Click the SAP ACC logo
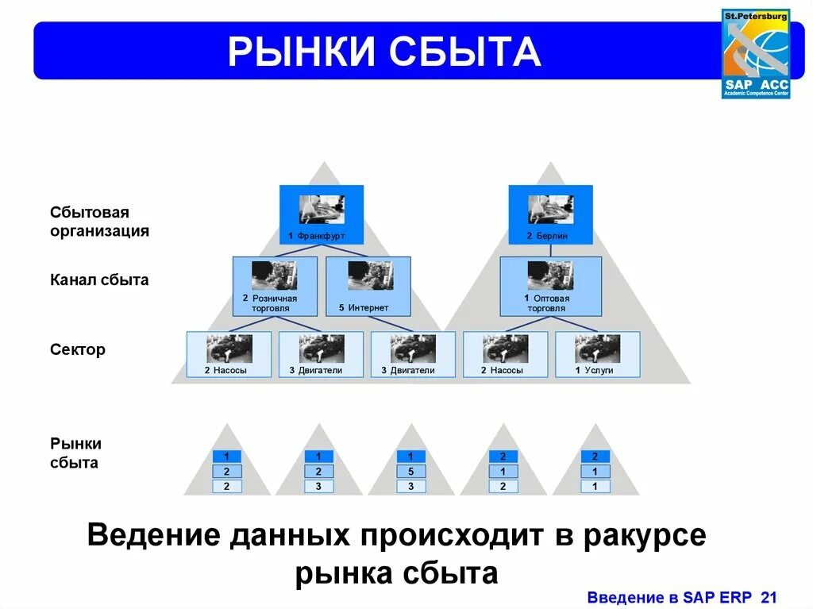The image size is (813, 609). [755, 54]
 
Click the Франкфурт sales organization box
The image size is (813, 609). [322, 214]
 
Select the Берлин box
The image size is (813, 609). [550, 214]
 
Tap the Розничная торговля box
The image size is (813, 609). [275, 286]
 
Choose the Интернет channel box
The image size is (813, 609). [368, 286]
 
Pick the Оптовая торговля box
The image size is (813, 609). [549, 286]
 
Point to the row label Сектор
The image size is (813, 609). [78, 349]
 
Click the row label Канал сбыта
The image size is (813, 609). [99, 280]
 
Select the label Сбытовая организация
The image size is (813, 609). [99, 222]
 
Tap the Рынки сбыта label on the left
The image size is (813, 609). [76, 453]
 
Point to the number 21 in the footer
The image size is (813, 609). [769, 597]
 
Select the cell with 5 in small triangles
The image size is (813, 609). [410, 472]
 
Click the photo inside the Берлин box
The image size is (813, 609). [550, 209]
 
